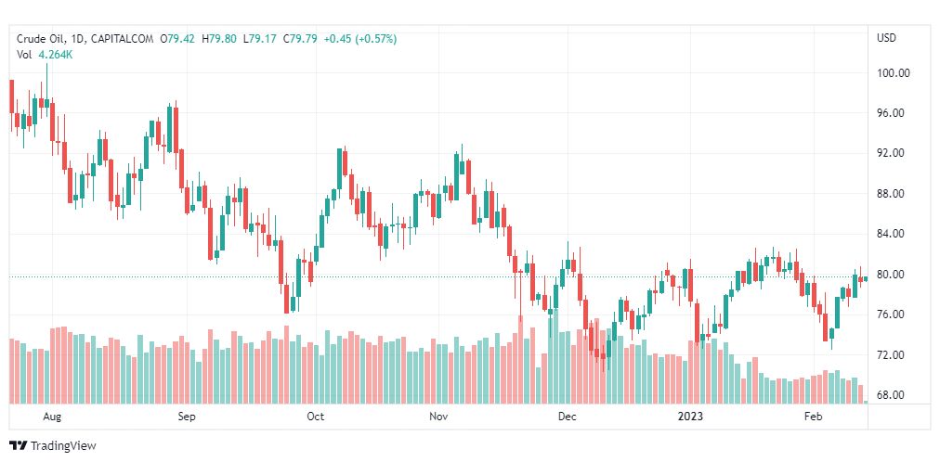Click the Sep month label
tap(187, 417)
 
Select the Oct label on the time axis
tap(315, 417)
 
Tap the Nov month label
tap(440, 417)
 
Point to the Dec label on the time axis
tap(568, 417)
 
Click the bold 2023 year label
tap(691, 417)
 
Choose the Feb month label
tap(814, 417)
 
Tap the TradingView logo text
tap(63, 446)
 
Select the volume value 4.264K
tap(56, 55)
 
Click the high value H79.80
tap(219, 39)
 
